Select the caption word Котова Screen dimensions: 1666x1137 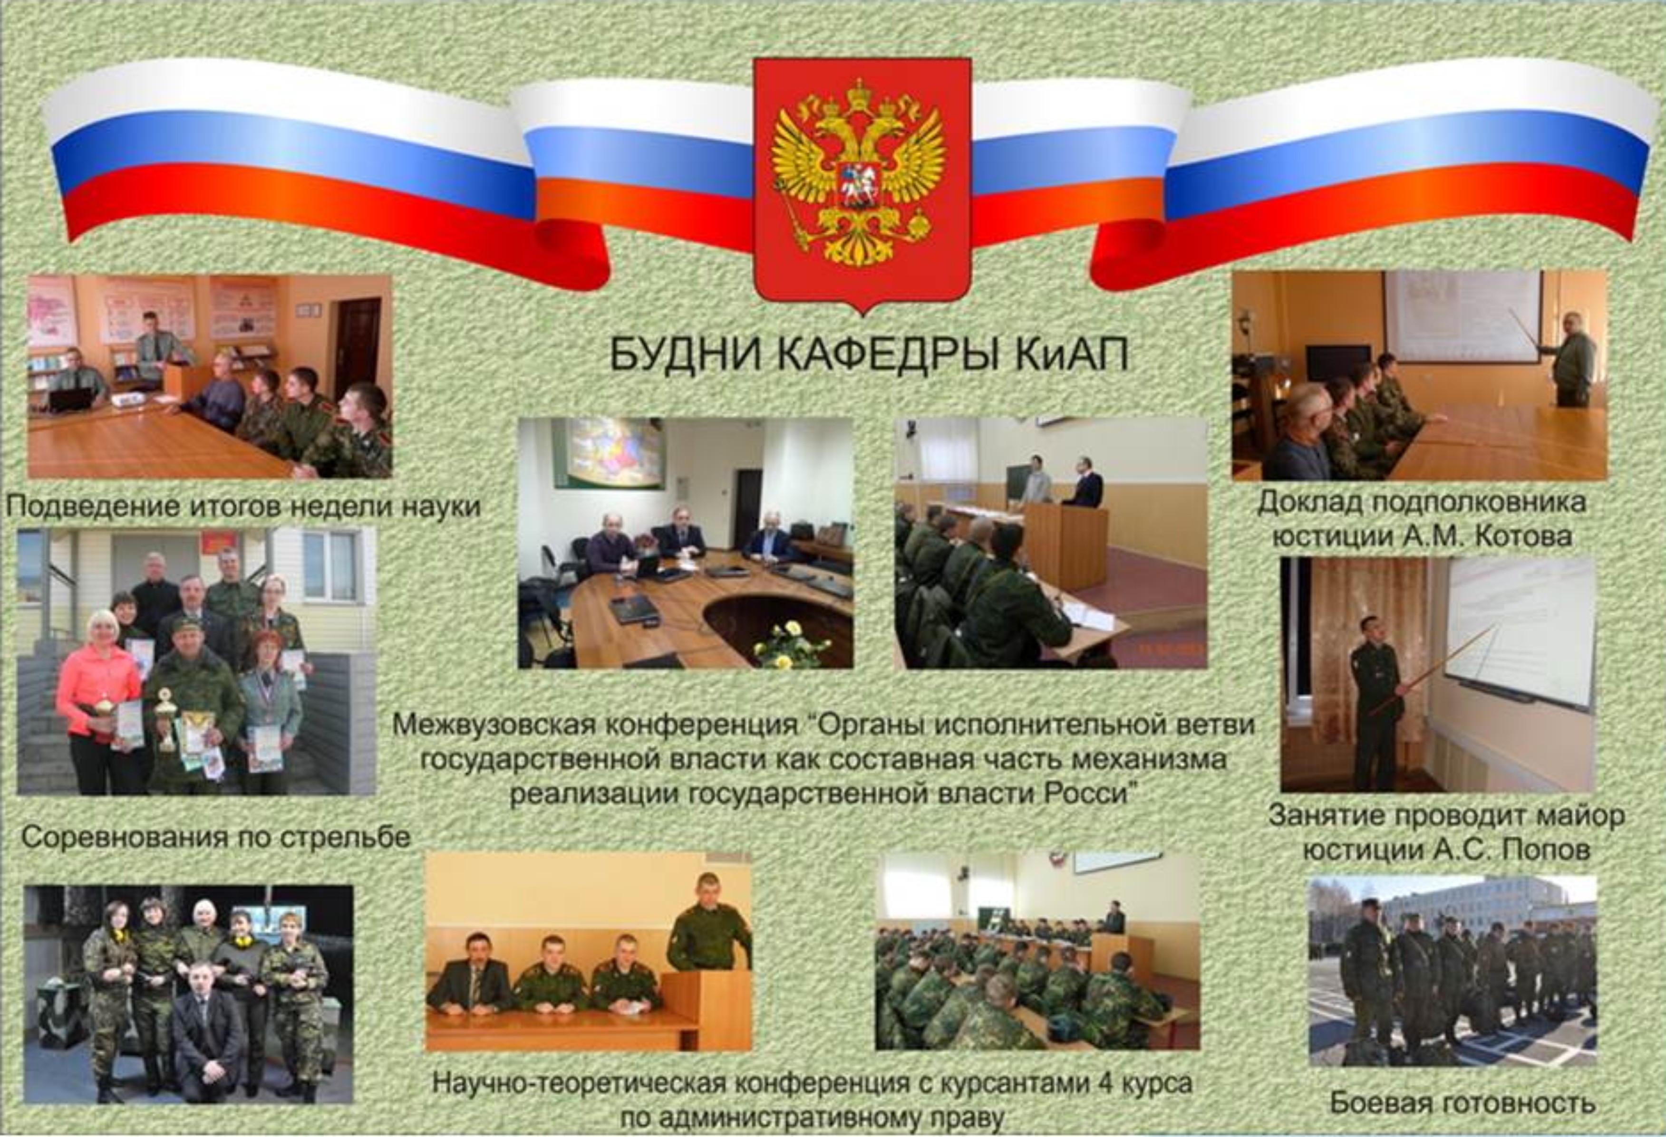click(x=1512, y=536)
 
